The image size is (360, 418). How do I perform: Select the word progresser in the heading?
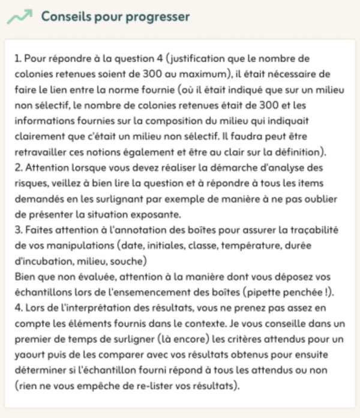click(x=157, y=17)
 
